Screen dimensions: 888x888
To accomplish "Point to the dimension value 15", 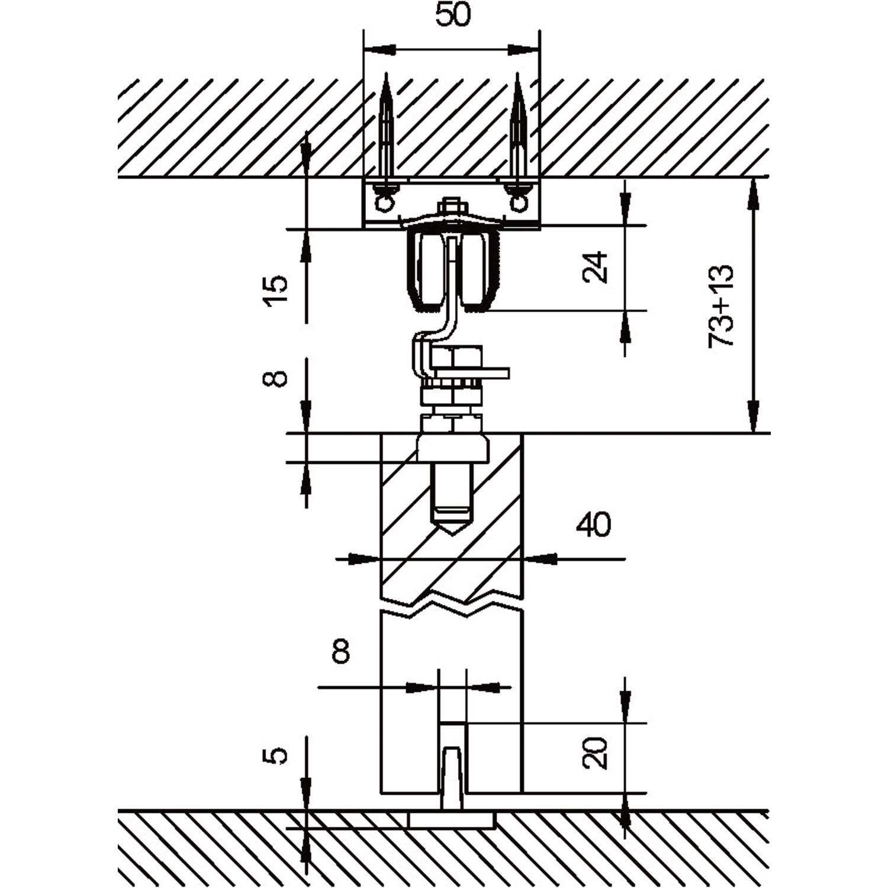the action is (x=276, y=289).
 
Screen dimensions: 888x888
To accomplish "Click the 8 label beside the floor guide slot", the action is (x=342, y=652).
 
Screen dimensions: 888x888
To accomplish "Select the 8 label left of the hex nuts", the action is (x=276, y=378).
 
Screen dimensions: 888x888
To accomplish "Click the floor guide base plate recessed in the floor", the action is (x=452, y=819).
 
